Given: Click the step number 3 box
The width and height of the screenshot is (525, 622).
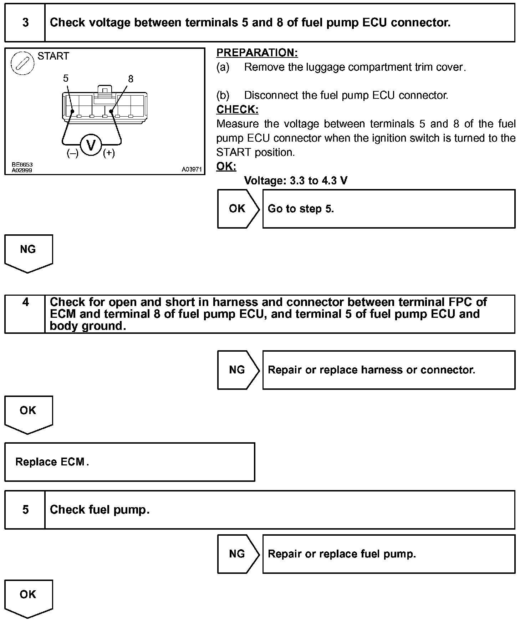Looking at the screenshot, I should [25, 23].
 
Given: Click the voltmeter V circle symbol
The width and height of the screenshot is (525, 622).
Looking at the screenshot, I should [91, 145].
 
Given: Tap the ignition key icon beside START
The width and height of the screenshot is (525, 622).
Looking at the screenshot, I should [22, 64].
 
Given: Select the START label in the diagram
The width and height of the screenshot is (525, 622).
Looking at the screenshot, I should [53, 56].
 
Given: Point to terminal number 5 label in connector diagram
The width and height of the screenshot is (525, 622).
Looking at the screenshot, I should [66, 78].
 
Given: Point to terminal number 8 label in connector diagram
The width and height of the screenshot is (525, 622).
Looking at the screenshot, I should [131, 79].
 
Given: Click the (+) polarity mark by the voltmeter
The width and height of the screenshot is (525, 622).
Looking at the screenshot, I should [109, 153].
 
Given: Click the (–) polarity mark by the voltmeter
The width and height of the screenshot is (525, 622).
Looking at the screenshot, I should [72, 153].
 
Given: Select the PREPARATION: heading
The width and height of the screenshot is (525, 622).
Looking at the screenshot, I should [257, 53].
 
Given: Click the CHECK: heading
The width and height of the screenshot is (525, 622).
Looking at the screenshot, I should [237, 109].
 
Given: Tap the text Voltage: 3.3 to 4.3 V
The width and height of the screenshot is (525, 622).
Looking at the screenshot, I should [295, 181].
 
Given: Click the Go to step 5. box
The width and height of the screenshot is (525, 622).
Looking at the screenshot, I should [389, 209].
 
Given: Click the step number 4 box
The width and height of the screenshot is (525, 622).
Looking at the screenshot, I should [25, 314].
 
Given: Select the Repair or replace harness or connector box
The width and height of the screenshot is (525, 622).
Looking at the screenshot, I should [389, 370].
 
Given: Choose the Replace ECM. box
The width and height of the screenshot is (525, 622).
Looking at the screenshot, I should [129, 462].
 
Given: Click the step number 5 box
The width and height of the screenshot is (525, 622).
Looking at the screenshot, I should [25, 510].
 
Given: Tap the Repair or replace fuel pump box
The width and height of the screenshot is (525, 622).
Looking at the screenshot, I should [389, 554].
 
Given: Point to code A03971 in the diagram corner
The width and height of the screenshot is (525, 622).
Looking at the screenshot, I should [192, 170].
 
